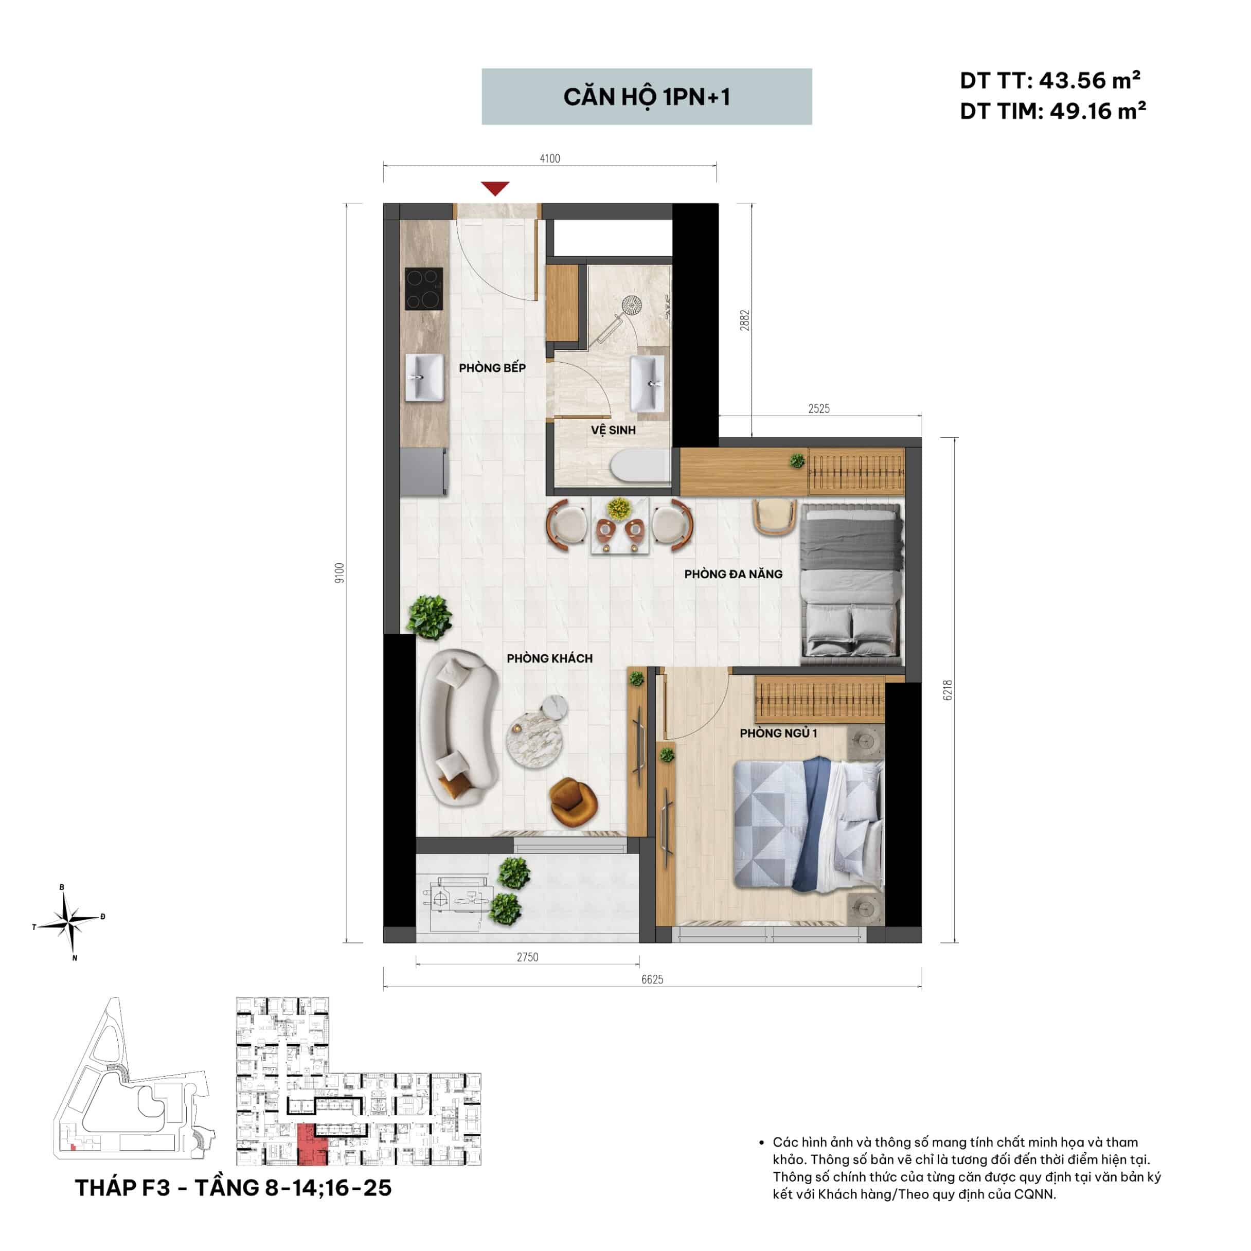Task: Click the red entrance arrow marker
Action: (x=495, y=188)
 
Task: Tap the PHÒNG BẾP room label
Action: (x=492, y=368)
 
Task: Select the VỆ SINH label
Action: (x=613, y=430)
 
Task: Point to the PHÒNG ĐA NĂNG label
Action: (x=733, y=574)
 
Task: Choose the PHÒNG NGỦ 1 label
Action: (x=778, y=733)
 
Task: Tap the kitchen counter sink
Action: (x=425, y=378)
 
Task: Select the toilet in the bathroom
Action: (x=640, y=466)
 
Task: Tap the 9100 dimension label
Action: (x=340, y=573)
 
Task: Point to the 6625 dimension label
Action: (x=652, y=980)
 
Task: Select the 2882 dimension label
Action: (x=745, y=320)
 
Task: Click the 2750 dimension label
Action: (x=527, y=957)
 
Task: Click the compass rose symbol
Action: (x=68, y=922)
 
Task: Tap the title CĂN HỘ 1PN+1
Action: (x=647, y=97)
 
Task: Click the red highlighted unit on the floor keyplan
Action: (x=312, y=1146)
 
